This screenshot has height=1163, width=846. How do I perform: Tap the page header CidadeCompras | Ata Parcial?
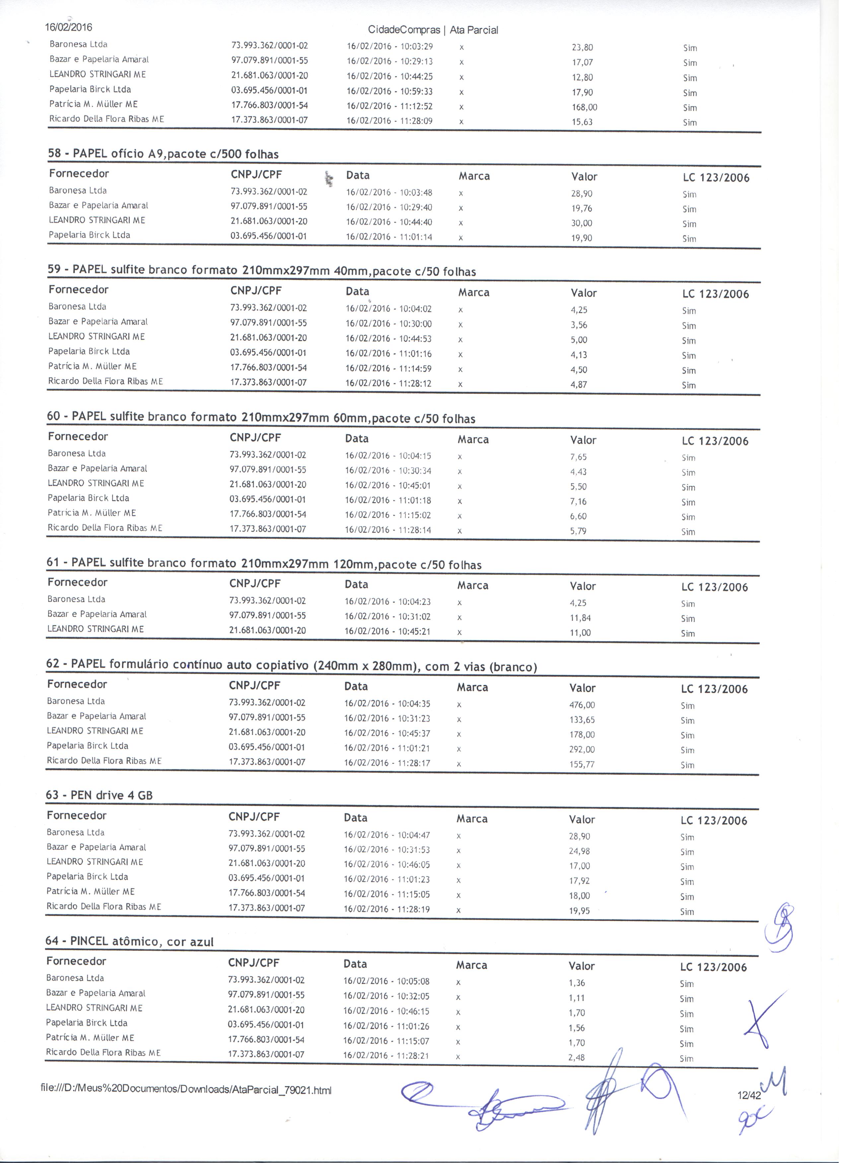pyautogui.click(x=436, y=30)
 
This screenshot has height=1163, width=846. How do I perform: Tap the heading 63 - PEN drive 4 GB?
pyautogui.click(x=100, y=796)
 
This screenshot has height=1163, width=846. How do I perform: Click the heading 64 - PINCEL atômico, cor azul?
pyautogui.click(x=130, y=941)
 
